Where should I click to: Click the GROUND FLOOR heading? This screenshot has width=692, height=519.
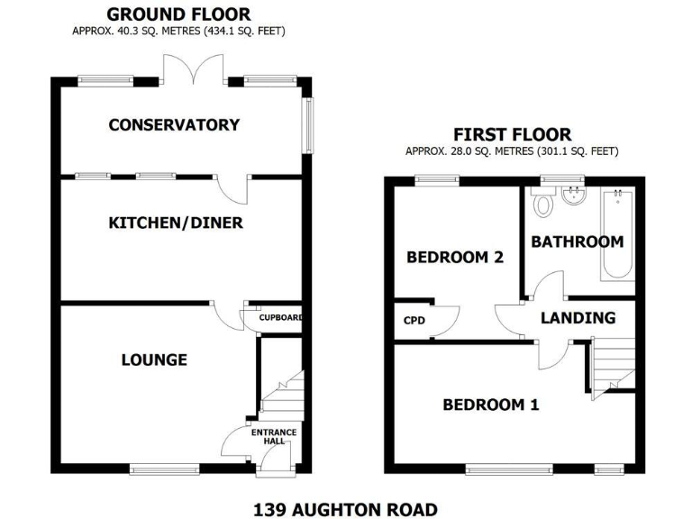[178, 14]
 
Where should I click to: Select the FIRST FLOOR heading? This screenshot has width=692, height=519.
[512, 135]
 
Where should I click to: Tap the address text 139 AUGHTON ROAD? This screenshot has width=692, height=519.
[345, 508]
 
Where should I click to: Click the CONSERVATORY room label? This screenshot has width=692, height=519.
[174, 125]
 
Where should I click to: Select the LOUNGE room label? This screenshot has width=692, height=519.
[154, 360]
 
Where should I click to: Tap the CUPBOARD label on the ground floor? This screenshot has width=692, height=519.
[280, 318]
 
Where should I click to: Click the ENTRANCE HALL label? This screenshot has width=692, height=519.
[275, 437]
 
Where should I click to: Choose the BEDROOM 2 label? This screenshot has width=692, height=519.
[454, 257]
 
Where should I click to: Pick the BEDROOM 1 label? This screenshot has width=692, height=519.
[490, 405]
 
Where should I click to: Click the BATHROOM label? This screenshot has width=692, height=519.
[577, 241]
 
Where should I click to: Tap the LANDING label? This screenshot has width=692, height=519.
[578, 317]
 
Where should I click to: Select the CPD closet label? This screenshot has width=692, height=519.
[414, 320]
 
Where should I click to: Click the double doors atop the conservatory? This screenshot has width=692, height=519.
[193, 69]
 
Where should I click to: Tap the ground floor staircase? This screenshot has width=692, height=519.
[282, 397]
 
